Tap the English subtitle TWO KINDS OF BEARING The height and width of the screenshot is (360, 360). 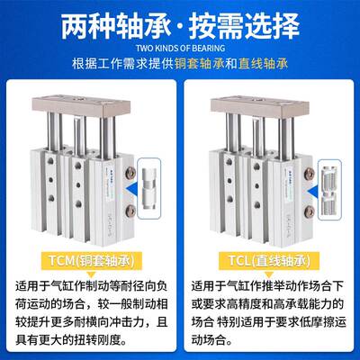pyautogui.click(x=180, y=49)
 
